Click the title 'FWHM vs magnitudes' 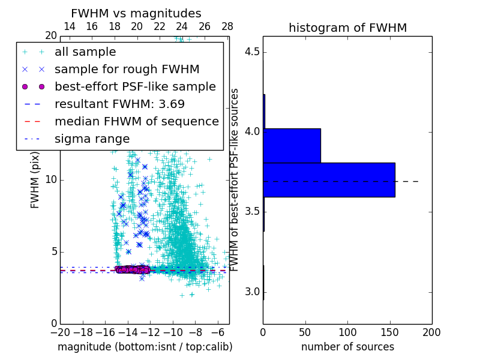(136, 14)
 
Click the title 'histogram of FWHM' (347, 28)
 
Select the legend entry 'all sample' (85, 52)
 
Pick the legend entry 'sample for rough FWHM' (127, 70)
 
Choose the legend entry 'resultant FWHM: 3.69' (119, 104)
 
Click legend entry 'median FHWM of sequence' (137, 122)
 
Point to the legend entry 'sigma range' (92, 139)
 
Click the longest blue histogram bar (329, 179)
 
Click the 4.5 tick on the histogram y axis (252, 51)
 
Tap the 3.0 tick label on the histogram (252, 292)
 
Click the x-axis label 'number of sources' (347, 347)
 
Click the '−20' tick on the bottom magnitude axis (60, 332)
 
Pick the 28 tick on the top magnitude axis (227, 27)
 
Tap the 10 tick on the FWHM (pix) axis (51, 180)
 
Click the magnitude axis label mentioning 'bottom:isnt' (145, 347)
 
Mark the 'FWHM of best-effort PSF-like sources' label (235, 180)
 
